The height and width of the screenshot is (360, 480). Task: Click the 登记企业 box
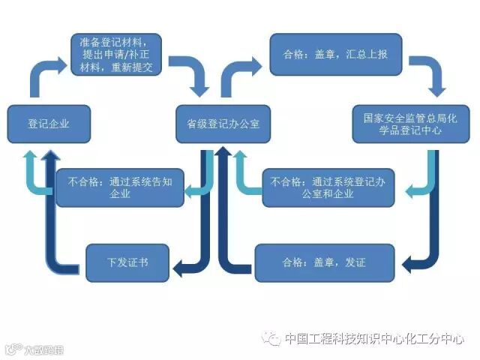[49, 123]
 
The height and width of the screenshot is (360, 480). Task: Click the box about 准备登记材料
[117, 54]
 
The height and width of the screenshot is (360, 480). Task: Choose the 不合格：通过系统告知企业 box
[120, 187]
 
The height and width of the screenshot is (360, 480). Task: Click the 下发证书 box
[127, 262]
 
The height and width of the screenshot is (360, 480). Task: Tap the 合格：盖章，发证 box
[324, 262]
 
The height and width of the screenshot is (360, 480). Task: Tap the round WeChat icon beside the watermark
[272, 339]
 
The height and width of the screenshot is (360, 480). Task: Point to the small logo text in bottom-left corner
[34, 349]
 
